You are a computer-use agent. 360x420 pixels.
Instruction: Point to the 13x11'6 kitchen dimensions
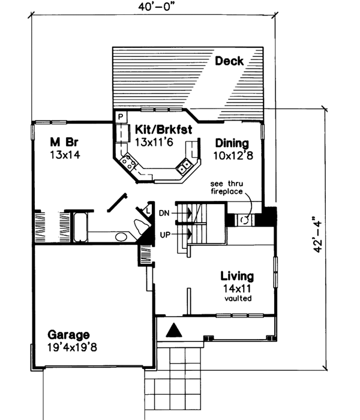pos(155,142)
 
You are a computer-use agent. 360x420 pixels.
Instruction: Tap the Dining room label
pos(232,143)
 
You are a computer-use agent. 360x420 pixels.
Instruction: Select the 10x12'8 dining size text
pos(232,155)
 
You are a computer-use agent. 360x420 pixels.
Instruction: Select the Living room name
pos(237,277)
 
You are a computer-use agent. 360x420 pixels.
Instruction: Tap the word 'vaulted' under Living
pos(237,298)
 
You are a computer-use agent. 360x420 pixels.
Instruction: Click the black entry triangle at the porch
pos(173,329)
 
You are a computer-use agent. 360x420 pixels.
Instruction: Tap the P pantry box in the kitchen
pos(120,116)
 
